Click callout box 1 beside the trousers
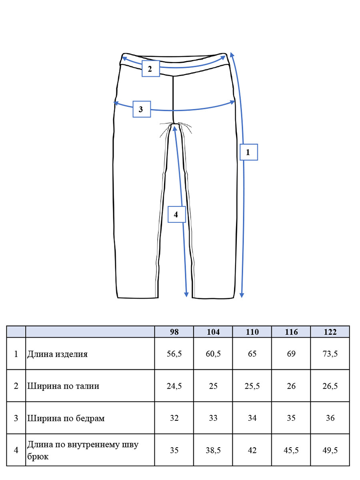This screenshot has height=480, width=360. pos(248,152)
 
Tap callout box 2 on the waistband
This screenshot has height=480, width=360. pos(151,68)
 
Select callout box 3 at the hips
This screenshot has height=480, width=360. pos(142,109)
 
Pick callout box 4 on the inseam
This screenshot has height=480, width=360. pos(177,214)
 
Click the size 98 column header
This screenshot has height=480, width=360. pos(174,332)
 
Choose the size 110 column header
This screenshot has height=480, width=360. pos(252,332)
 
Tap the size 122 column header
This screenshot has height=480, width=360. pos(330,332)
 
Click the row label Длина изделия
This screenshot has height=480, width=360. pos(57,354)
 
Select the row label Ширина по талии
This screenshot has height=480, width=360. pos(63,386)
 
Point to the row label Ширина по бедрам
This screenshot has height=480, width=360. pos(66,418)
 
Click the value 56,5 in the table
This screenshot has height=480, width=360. pos(174,354)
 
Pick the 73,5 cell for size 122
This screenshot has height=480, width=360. pos(330,354)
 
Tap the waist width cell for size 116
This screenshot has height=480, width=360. pos(291,386)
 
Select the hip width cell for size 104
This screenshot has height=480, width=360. pos(213,418)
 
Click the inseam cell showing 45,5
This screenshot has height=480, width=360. pos(291,450)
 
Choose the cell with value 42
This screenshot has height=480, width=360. pos(252,450)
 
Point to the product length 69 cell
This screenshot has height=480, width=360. pos(291,354)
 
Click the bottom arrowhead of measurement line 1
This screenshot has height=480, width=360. pos(242,295)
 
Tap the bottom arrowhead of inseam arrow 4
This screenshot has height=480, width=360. pos(186,294)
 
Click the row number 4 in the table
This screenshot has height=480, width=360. pos(16,450)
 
